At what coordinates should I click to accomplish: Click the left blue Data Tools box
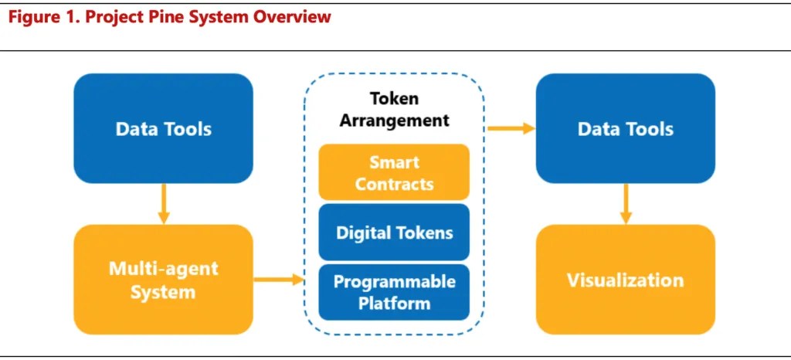tap(163, 128)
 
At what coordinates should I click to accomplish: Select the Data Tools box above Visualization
tap(626, 128)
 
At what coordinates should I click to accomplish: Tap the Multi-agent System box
tap(163, 280)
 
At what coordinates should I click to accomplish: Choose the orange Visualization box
tap(626, 280)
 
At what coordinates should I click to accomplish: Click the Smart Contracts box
tap(394, 172)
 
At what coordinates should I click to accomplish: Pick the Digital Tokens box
tap(394, 232)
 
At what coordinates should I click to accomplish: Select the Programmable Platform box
tap(394, 292)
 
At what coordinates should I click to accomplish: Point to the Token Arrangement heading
tap(394, 109)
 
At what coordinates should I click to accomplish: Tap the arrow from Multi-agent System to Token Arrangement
tap(279, 280)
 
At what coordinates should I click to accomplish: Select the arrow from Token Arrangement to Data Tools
tap(511, 128)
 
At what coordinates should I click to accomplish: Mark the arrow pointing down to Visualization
tap(626, 204)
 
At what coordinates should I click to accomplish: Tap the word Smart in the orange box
tap(394, 163)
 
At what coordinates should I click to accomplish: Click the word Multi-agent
tap(163, 269)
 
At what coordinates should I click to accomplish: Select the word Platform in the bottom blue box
tap(394, 303)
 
